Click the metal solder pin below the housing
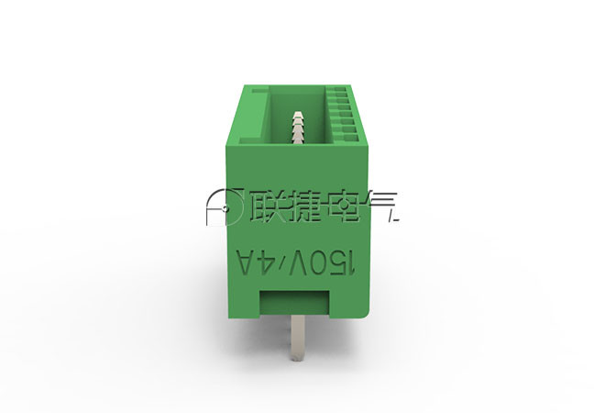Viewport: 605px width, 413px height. point(298,338)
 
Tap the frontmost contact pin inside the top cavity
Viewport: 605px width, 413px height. point(298,140)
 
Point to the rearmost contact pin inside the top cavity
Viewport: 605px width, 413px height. point(298,115)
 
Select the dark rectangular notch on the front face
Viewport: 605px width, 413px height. point(294,304)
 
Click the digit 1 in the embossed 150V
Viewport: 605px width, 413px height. point(351,263)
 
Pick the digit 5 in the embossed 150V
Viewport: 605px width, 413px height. point(337,263)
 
